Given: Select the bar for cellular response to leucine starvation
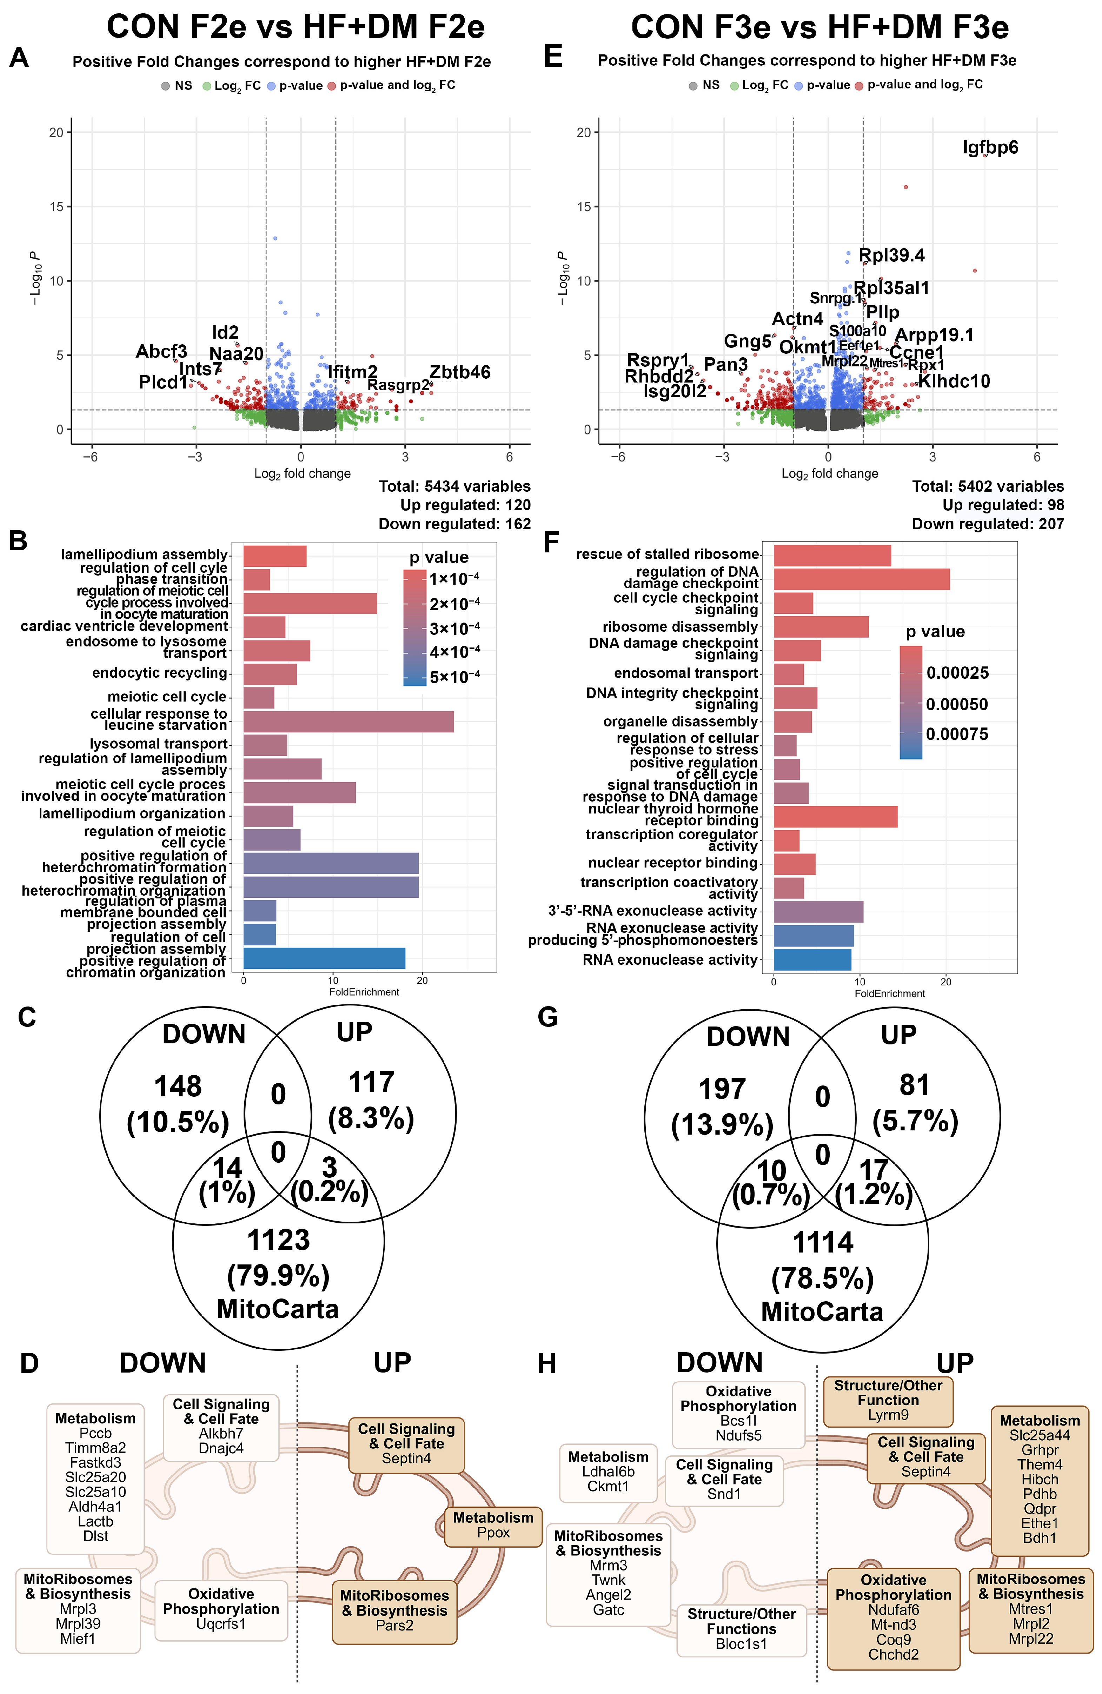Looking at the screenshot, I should [x=348, y=722].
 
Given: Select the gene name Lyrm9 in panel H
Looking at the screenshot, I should [x=888, y=1415].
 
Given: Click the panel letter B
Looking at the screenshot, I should [x=19, y=541].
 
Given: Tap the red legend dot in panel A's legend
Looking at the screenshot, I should [x=332, y=86].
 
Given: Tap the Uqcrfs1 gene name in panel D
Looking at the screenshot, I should [x=221, y=1623].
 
